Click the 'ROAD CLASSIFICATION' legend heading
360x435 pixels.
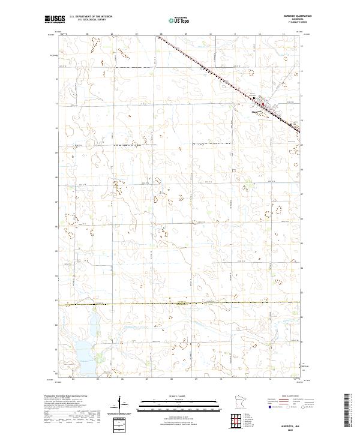(287, 397)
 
